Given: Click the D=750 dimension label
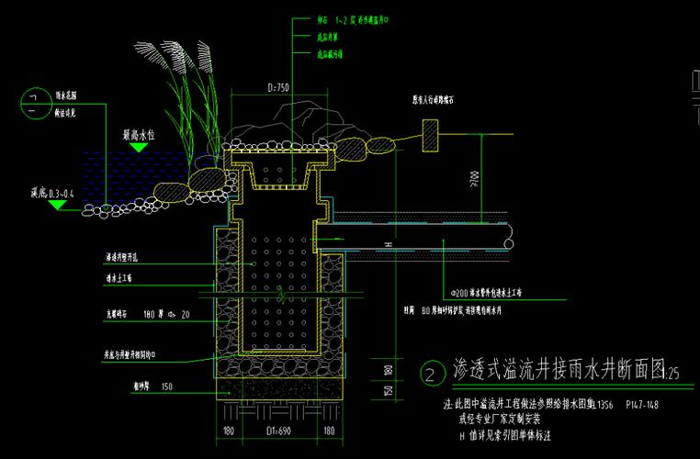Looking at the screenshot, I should (x=278, y=88).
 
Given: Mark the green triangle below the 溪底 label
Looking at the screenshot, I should (x=57, y=206).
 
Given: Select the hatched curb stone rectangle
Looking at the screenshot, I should (x=429, y=138).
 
